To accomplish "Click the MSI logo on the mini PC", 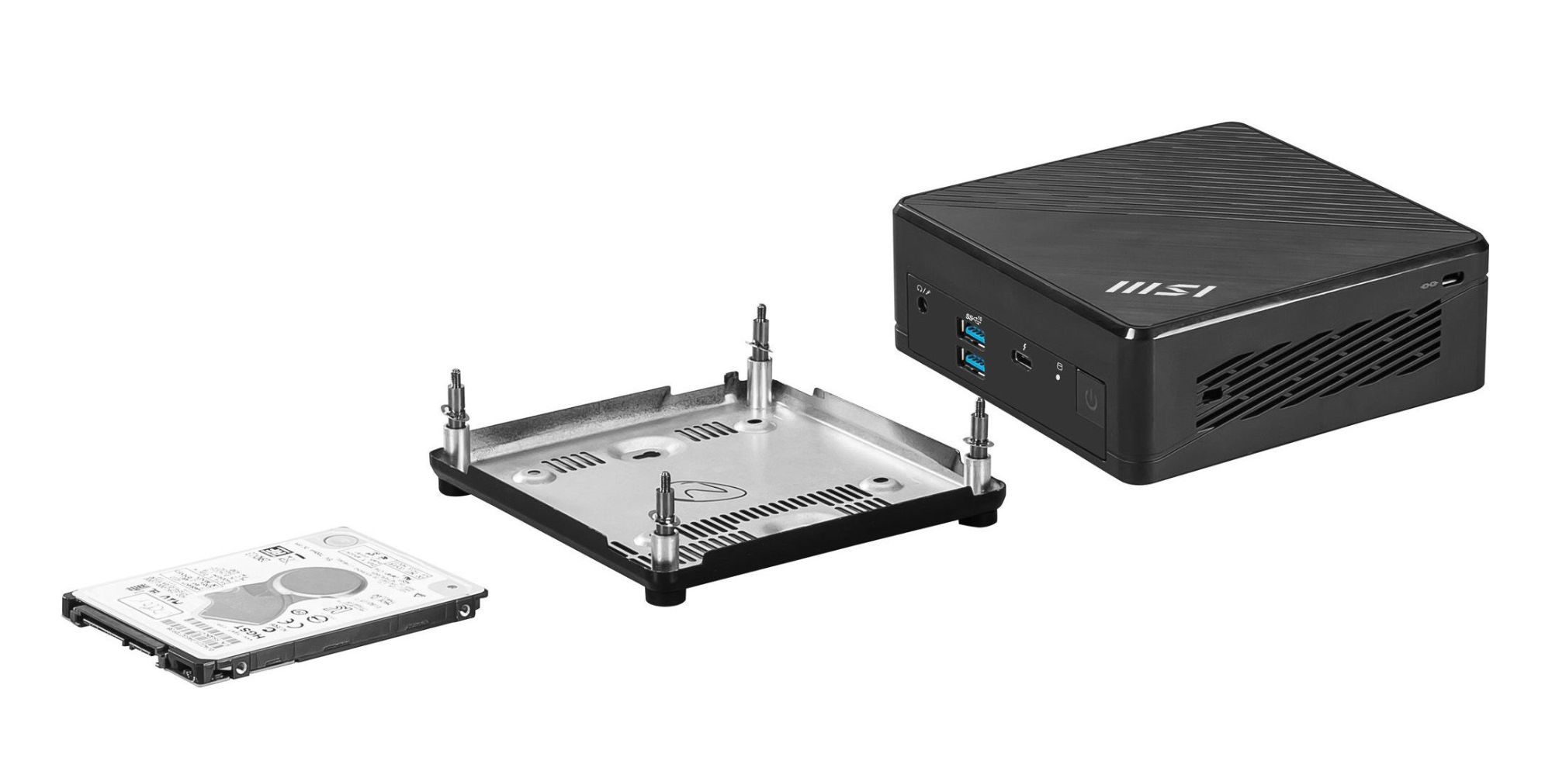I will click(1162, 291).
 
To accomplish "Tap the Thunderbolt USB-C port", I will click(1021, 358).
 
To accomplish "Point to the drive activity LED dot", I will click(1059, 379).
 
